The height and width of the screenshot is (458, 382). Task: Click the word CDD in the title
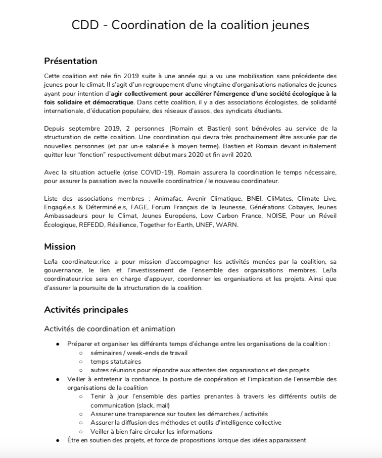point(84,25)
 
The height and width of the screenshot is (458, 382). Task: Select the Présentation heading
point(70,61)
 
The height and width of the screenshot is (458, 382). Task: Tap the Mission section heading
point(60,247)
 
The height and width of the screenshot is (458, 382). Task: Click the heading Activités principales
point(86,310)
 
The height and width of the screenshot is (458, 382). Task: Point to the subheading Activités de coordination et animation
point(110,329)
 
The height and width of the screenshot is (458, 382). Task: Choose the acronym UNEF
point(202,224)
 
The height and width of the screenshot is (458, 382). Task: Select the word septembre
point(83,129)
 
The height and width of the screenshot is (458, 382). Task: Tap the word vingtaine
point(218,84)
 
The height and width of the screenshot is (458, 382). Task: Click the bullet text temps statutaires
point(116,361)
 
